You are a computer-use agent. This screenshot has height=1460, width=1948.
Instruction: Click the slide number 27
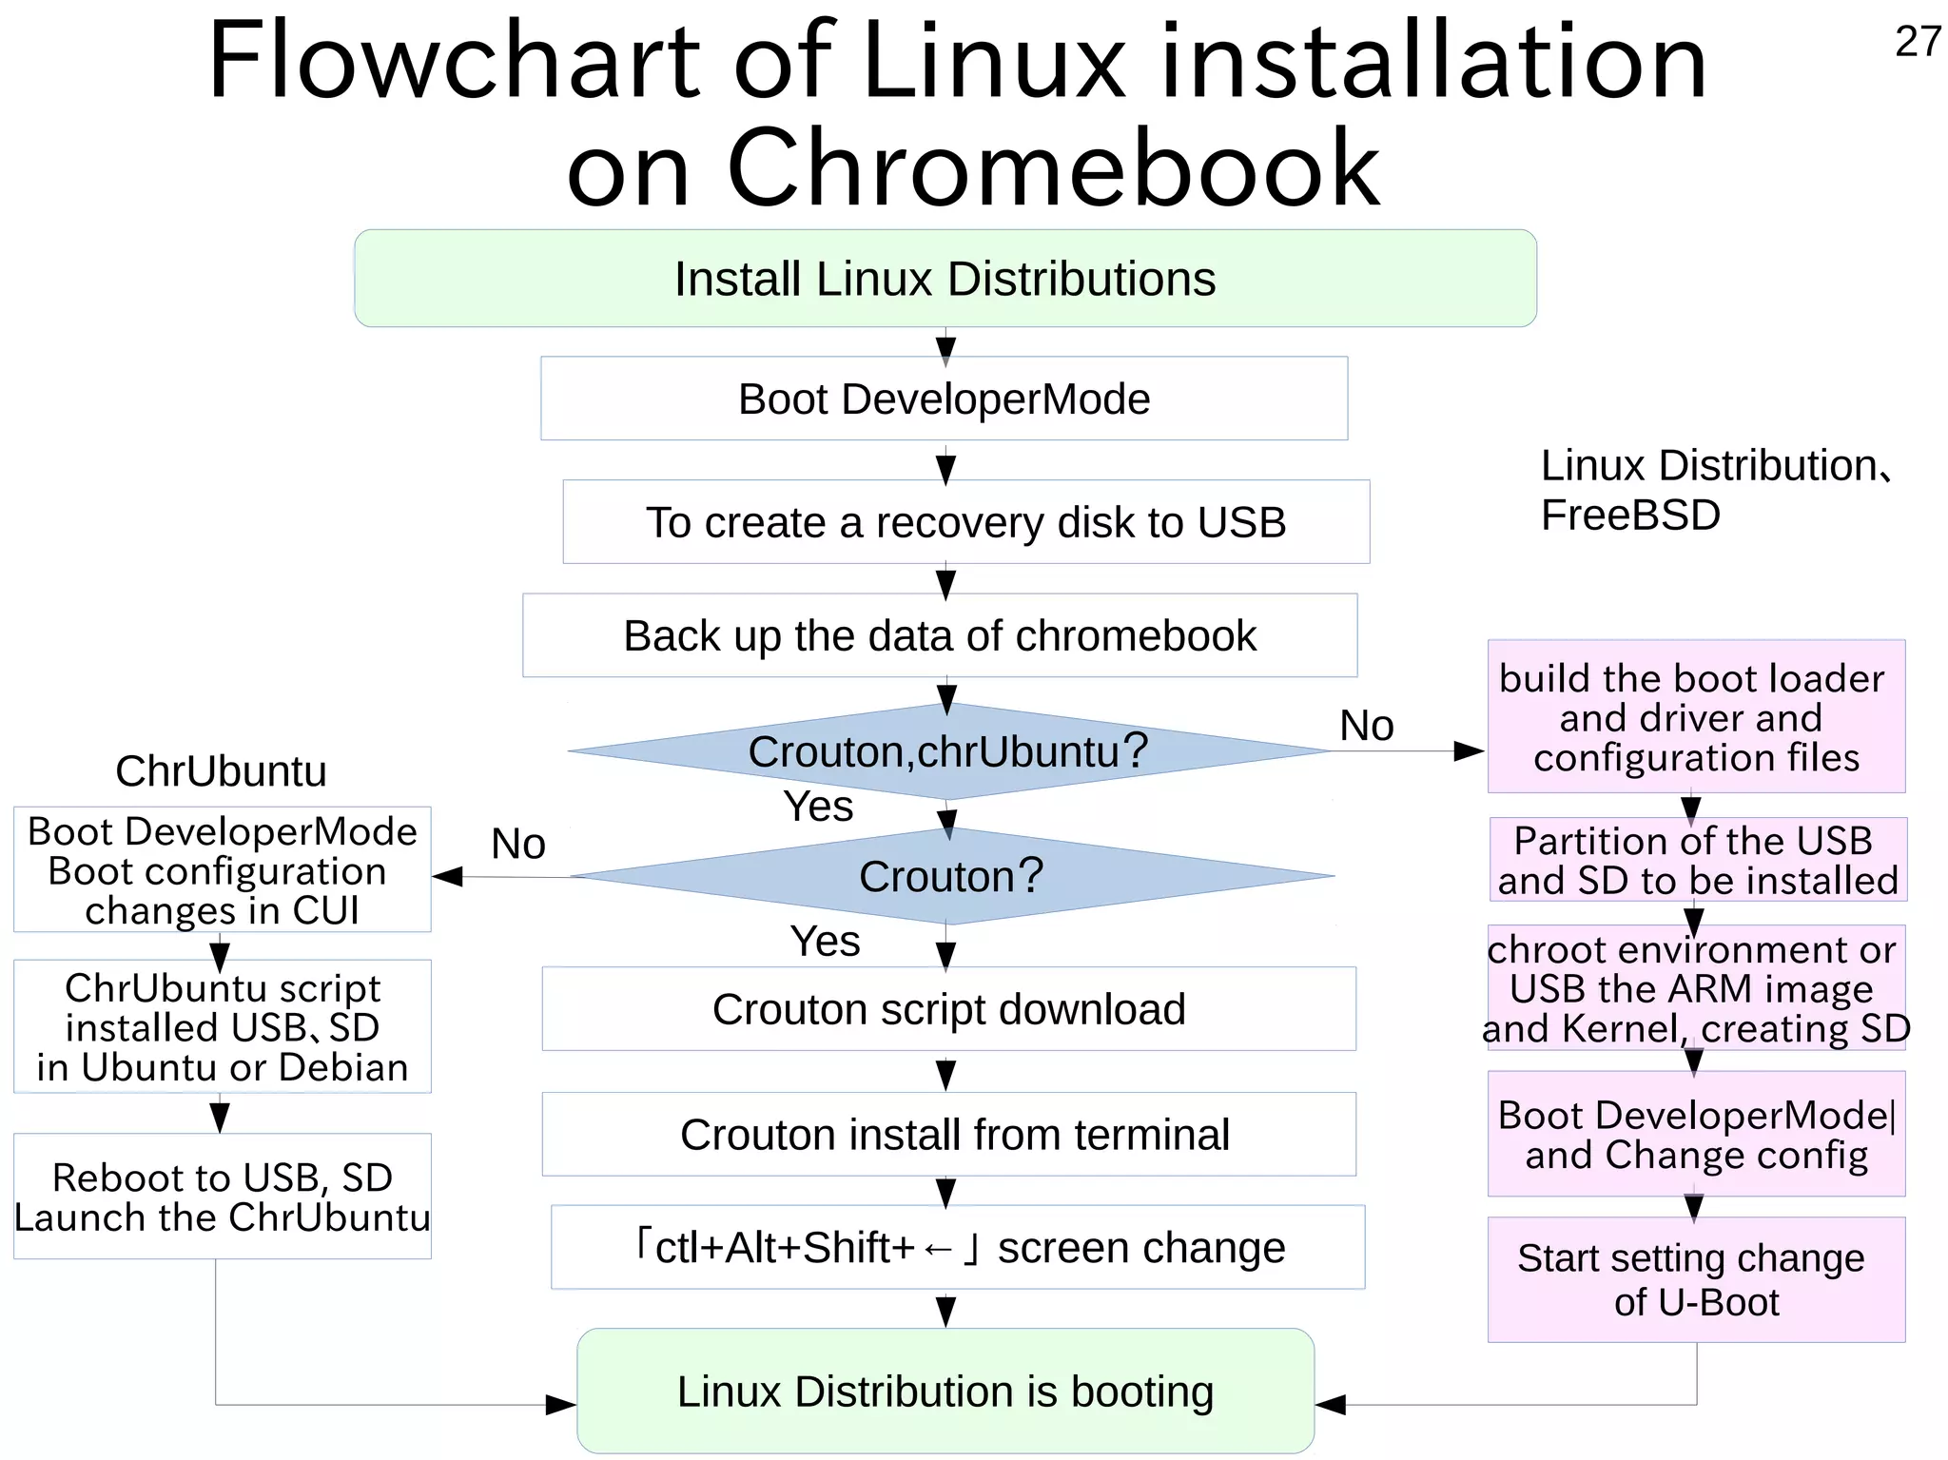pyautogui.click(x=1917, y=42)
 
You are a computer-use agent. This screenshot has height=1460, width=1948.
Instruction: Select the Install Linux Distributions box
pyautogui.click(x=945, y=279)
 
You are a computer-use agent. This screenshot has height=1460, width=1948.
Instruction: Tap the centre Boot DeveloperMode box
pyautogui.click(x=944, y=399)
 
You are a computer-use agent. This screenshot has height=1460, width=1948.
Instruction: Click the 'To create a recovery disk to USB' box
pyautogui.click(x=965, y=522)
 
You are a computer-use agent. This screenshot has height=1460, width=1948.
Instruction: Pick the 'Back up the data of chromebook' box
pyautogui.click(x=940, y=635)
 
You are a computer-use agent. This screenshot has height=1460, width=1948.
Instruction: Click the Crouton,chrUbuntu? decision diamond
pyautogui.click(x=947, y=751)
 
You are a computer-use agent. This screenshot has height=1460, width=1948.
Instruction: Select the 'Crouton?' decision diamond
pyautogui.click(x=951, y=876)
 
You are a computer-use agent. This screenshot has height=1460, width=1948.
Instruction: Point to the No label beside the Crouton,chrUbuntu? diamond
pyautogui.click(x=1366, y=726)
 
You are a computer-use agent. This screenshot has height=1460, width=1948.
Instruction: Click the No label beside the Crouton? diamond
pyautogui.click(x=517, y=844)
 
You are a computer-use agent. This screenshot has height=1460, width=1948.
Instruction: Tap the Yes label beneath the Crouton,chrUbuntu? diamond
pyautogui.click(x=818, y=807)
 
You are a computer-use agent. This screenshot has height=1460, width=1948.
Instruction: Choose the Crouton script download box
pyautogui.click(x=948, y=1009)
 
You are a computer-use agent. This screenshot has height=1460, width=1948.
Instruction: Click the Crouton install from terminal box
pyautogui.click(x=954, y=1135)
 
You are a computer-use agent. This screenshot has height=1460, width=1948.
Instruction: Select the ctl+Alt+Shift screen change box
pyautogui.click(x=958, y=1247)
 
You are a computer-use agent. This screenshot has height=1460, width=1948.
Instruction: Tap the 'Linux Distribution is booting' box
pyautogui.click(x=945, y=1391)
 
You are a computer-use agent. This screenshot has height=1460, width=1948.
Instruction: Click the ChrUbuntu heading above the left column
pyautogui.click(x=221, y=771)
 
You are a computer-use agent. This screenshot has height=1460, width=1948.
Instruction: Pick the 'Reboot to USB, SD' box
pyautogui.click(x=222, y=1197)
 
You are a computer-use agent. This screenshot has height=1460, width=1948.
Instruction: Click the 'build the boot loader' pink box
pyautogui.click(x=1696, y=717)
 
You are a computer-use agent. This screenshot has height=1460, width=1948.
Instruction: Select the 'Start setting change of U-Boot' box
pyautogui.click(x=1696, y=1279)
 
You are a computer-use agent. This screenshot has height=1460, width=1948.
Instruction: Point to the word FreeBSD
pyautogui.click(x=1630, y=516)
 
